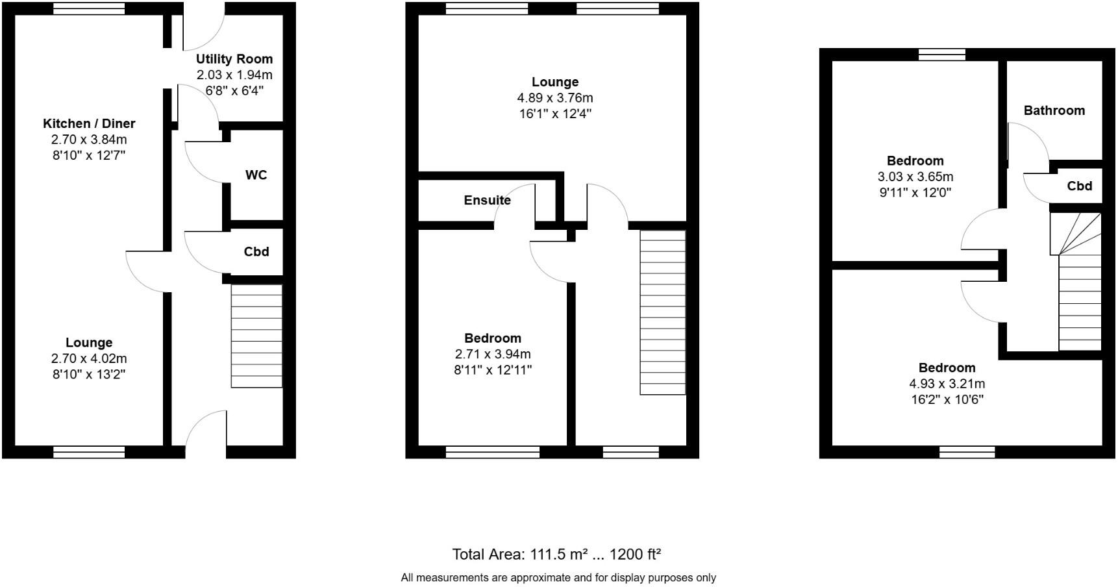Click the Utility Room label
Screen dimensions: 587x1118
pos(234,59)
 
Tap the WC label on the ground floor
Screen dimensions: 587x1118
pos(256,175)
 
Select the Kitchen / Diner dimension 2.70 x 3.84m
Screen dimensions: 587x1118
pos(89,140)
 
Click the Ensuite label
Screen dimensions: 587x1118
pos(487,201)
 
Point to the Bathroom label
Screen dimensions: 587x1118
pos(1054,110)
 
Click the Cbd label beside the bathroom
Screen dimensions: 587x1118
pos(1079,186)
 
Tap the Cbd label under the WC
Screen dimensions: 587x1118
pos(256,252)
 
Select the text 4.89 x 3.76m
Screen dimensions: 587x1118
pos(554,98)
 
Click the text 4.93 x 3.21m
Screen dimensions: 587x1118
pos(947,384)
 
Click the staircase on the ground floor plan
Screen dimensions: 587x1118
pos(256,336)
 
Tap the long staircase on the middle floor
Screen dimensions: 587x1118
pos(662,312)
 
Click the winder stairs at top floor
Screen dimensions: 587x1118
pos(1076,234)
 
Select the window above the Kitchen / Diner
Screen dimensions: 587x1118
pos(88,8)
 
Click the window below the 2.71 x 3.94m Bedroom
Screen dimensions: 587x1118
pos(492,452)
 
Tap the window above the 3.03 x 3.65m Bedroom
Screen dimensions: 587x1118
pos(942,55)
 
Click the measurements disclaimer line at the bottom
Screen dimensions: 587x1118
pos(558,577)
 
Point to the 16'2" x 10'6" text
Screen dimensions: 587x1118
pos(947,400)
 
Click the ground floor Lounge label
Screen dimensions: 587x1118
pos(89,343)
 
